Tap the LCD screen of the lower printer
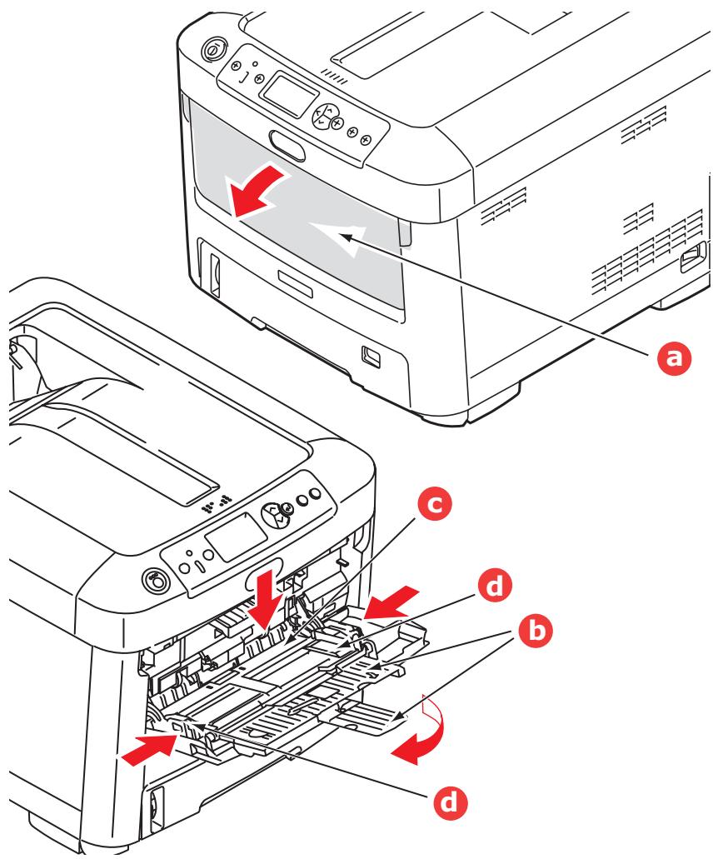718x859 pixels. pos(223,542)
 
